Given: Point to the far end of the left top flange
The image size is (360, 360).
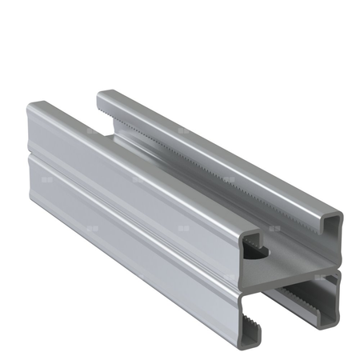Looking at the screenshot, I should click(x=40, y=108).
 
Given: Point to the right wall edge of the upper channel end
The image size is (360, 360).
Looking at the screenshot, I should click(x=340, y=240).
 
